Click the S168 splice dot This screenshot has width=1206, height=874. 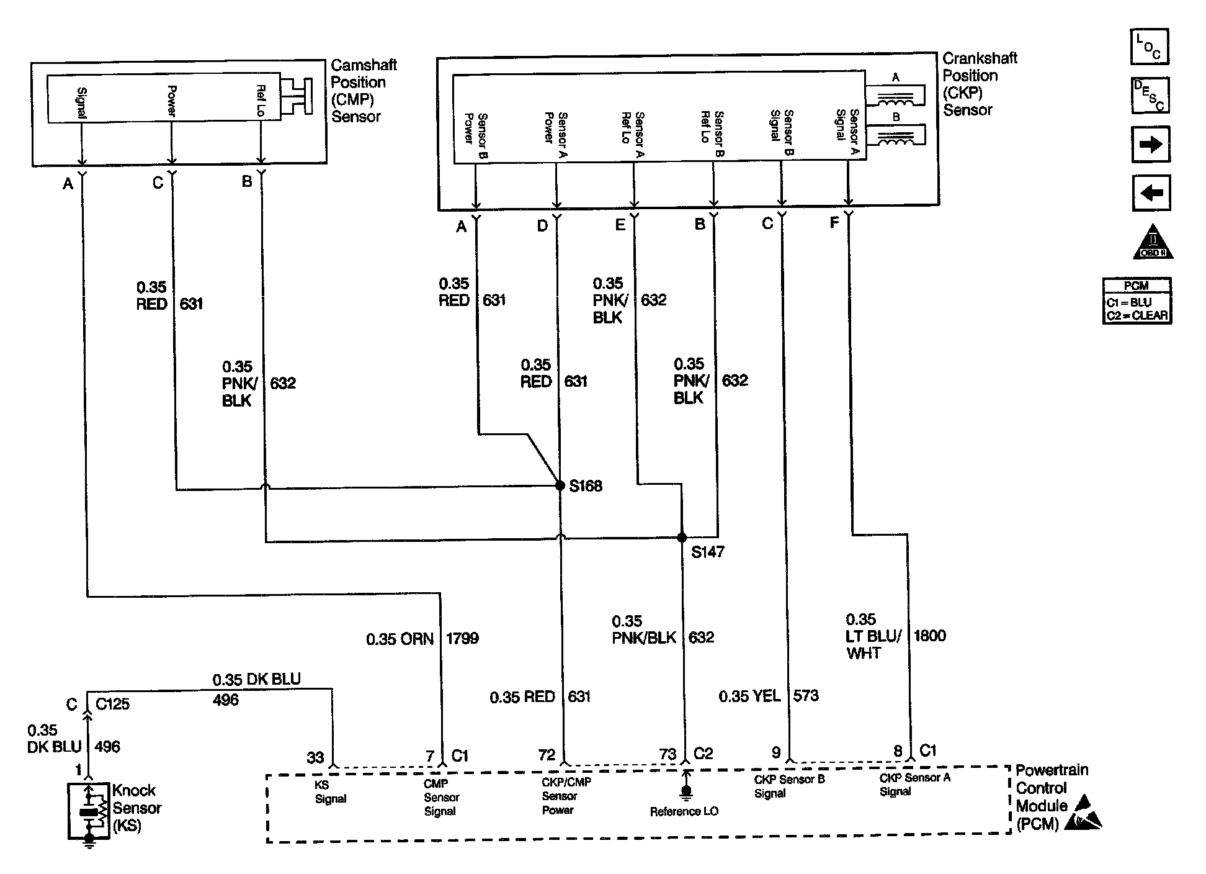[x=559, y=485]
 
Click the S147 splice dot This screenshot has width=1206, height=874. [x=682, y=538]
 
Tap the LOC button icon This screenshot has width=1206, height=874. [x=1150, y=47]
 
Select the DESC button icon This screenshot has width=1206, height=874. [x=1150, y=95]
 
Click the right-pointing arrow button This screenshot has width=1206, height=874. [x=1151, y=145]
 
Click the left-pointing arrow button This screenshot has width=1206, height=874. [x=1151, y=193]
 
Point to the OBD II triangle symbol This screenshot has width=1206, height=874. [x=1153, y=242]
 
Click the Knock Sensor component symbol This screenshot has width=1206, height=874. [x=89, y=810]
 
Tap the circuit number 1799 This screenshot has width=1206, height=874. [x=462, y=638]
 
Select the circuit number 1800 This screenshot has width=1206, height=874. [x=929, y=636]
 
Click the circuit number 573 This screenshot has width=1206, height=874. [x=806, y=696]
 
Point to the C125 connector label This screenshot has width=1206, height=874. [x=113, y=705]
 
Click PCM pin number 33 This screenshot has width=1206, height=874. [x=315, y=758]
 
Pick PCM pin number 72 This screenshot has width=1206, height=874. [x=547, y=755]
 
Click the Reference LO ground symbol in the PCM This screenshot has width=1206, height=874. [x=686, y=790]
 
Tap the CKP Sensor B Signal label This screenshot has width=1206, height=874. [x=789, y=786]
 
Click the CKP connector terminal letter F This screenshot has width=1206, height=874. [x=834, y=223]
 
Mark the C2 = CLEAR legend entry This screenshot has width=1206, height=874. [x=1137, y=315]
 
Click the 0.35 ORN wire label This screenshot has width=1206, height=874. [x=400, y=639]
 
